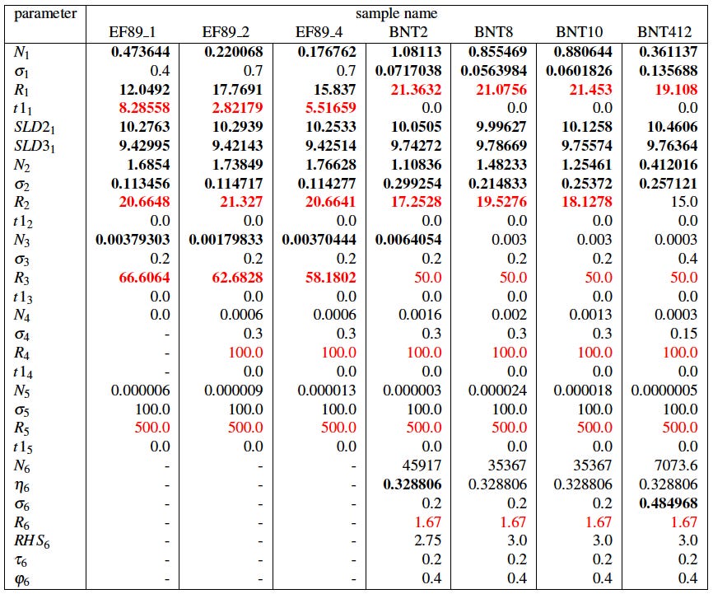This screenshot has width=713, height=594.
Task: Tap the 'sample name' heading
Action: pyautogui.click(x=396, y=13)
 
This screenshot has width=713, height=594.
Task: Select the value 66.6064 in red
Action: pyautogui.click(x=145, y=278)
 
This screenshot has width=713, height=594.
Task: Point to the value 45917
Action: pyautogui.click(x=421, y=465)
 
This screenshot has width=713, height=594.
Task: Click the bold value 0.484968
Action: pyautogui.click(x=669, y=503)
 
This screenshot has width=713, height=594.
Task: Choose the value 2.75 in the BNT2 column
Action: pyautogui.click(x=427, y=540)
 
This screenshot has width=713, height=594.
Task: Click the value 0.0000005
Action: pyautogui.click(x=664, y=391)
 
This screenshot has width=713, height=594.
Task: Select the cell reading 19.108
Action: pyautogui.click(x=676, y=89)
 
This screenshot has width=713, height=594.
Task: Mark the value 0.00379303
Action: pyautogui.click(x=132, y=241)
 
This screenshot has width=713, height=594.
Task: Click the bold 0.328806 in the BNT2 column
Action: pyautogui.click(x=412, y=484)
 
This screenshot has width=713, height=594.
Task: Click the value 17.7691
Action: pyautogui.click(x=233, y=89)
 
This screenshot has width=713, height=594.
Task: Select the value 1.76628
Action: pyautogui.click(x=328, y=166)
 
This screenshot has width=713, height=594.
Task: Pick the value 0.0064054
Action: pyautogui.click(x=408, y=241)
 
